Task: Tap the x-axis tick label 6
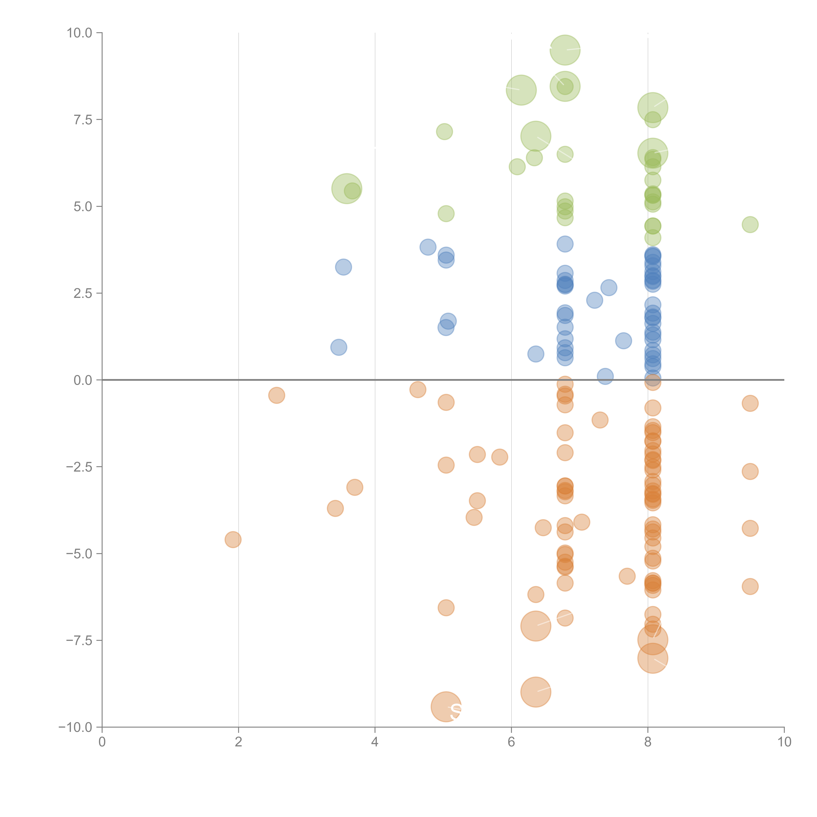[x=511, y=742]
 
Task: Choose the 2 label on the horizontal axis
[x=239, y=742]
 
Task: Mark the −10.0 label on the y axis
[x=75, y=727]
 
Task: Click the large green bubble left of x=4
[x=346, y=189]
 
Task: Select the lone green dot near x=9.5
[x=750, y=225]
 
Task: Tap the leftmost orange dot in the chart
[x=233, y=540]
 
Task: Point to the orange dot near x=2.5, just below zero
[x=277, y=395]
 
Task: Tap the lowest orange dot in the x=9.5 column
[x=750, y=587]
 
